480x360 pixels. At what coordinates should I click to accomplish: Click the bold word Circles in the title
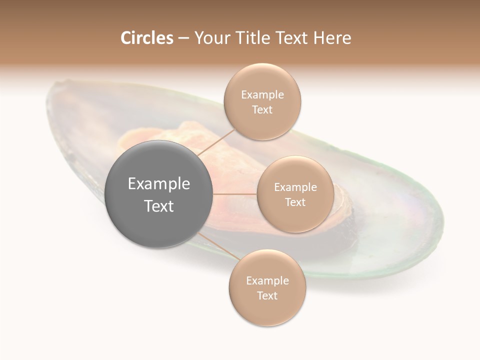[146, 38]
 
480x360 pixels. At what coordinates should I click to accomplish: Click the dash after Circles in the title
[183, 38]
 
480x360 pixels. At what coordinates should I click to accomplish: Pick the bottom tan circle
[267, 310]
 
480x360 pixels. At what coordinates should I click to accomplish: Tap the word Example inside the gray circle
[159, 184]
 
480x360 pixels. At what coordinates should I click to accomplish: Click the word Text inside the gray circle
[159, 206]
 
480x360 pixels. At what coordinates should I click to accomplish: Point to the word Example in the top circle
[262, 95]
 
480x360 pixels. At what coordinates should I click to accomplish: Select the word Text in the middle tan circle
[295, 202]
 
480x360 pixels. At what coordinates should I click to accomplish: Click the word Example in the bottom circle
[267, 281]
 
